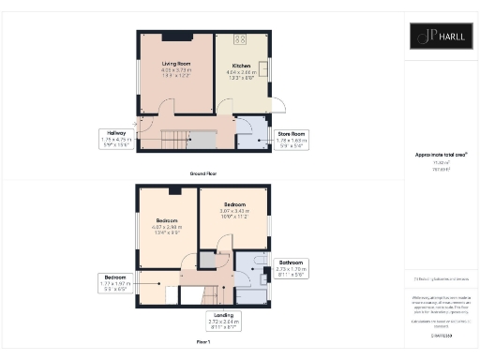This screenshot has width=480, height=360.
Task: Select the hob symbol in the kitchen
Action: (x=240, y=39)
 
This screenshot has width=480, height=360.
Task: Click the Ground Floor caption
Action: (x=204, y=173)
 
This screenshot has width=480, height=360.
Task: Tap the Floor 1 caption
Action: (x=204, y=343)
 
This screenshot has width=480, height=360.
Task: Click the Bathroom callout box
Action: (x=292, y=267)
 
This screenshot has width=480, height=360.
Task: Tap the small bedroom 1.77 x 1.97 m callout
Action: (x=117, y=284)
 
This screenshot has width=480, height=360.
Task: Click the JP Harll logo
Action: (x=442, y=38)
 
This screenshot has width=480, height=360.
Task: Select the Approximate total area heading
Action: (x=441, y=154)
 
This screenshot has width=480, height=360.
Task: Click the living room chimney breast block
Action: (x=179, y=37)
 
